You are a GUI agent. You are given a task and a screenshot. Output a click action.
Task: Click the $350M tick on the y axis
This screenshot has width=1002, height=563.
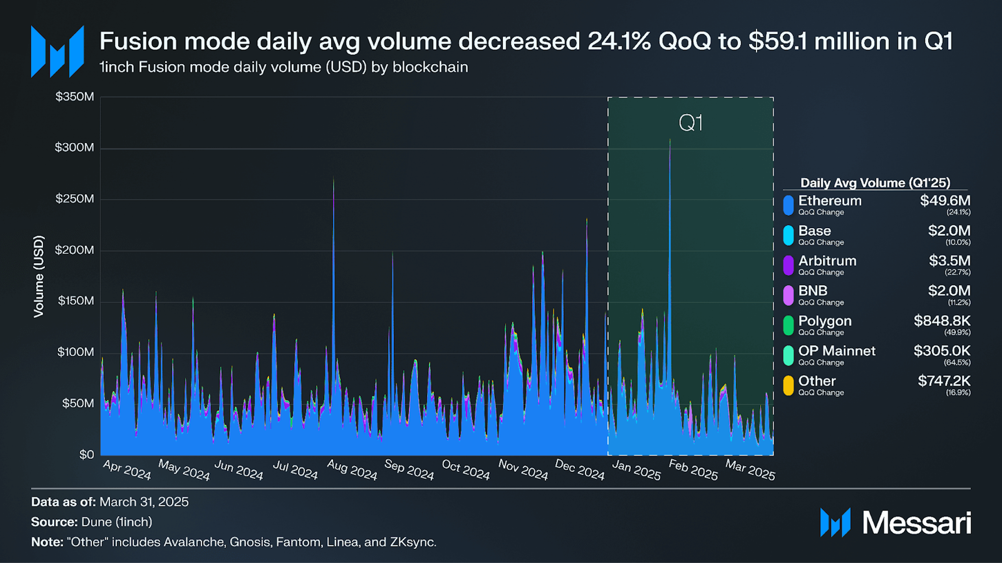(75, 97)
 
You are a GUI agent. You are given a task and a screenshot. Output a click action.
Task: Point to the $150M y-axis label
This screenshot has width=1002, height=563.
(76, 301)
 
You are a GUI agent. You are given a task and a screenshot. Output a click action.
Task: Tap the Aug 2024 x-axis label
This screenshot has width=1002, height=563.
(352, 470)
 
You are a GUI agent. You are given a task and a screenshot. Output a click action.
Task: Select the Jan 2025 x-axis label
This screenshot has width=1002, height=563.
(636, 470)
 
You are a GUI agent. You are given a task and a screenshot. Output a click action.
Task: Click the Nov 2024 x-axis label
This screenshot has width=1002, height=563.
(523, 470)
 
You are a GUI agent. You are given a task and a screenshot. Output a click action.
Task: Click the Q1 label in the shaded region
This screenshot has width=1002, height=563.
(690, 123)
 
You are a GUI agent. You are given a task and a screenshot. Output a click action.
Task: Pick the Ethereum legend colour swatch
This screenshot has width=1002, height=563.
(788, 205)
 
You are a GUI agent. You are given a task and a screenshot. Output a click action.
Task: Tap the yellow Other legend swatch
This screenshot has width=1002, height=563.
(788, 385)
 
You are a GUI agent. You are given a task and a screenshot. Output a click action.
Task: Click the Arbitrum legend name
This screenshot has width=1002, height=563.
(827, 260)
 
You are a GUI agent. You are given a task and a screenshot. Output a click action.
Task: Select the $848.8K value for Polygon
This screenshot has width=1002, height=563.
(942, 321)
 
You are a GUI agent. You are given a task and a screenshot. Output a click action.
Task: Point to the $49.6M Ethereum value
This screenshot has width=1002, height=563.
(945, 201)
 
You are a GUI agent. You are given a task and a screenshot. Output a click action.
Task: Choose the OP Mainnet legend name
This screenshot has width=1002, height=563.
(836, 351)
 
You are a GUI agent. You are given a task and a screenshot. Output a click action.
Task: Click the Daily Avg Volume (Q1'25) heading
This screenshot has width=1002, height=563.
(875, 182)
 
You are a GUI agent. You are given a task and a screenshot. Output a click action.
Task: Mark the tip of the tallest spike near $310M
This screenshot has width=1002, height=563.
(670, 139)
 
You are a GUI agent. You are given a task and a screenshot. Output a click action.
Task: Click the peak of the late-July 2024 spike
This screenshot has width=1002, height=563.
(334, 177)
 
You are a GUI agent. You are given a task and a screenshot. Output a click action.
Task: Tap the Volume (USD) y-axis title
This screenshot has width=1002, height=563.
(39, 276)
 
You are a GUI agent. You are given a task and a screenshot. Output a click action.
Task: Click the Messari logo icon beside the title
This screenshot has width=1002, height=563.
(57, 51)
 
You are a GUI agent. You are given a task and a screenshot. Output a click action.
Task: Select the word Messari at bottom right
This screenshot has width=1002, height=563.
(916, 522)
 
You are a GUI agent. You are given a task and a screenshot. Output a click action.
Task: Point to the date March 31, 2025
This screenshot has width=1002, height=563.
(144, 502)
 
